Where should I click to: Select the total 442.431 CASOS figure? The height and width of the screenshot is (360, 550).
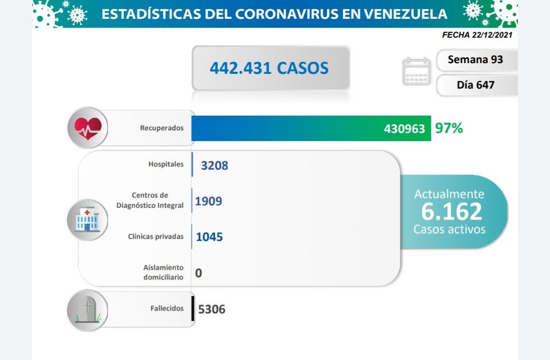pyautogui.click(x=269, y=68)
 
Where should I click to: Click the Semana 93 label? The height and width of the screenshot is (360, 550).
pyautogui.click(x=475, y=60)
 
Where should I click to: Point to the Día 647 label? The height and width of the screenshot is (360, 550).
pyautogui.click(x=475, y=85)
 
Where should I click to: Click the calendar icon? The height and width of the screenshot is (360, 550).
pyautogui.click(x=417, y=72)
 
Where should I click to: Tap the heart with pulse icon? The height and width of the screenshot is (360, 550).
pyautogui.click(x=88, y=127)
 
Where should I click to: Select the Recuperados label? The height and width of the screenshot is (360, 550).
pyautogui.click(x=161, y=128)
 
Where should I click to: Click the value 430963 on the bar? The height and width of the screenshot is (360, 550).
pyautogui.click(x=404, y=129)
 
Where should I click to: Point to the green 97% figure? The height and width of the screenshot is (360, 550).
pyautogui.click(x=449, y=128)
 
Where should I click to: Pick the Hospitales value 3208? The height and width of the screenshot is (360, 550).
pyautogui.click(x=214, y=165)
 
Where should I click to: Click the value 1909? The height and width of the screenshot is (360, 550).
pyautogui.click(x=209, y=202)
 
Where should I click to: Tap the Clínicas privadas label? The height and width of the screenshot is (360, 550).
pyautogui.click(x=156, y=236)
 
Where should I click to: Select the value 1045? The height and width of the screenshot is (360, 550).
pyautogui.click(x=209, y=237)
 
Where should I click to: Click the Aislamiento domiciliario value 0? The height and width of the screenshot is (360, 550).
pyautogui.click(x=199, y=273)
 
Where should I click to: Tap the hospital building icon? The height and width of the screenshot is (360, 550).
pyautogui.click(x=88, y=219)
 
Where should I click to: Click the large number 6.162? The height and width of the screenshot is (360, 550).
pyautogui.click(x=451, y=211)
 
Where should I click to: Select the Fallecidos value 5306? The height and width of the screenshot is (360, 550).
pyautogui.click(x=211, y=309)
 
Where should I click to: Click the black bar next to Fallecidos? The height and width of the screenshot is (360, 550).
pyautogui.click(x=193, y=309)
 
